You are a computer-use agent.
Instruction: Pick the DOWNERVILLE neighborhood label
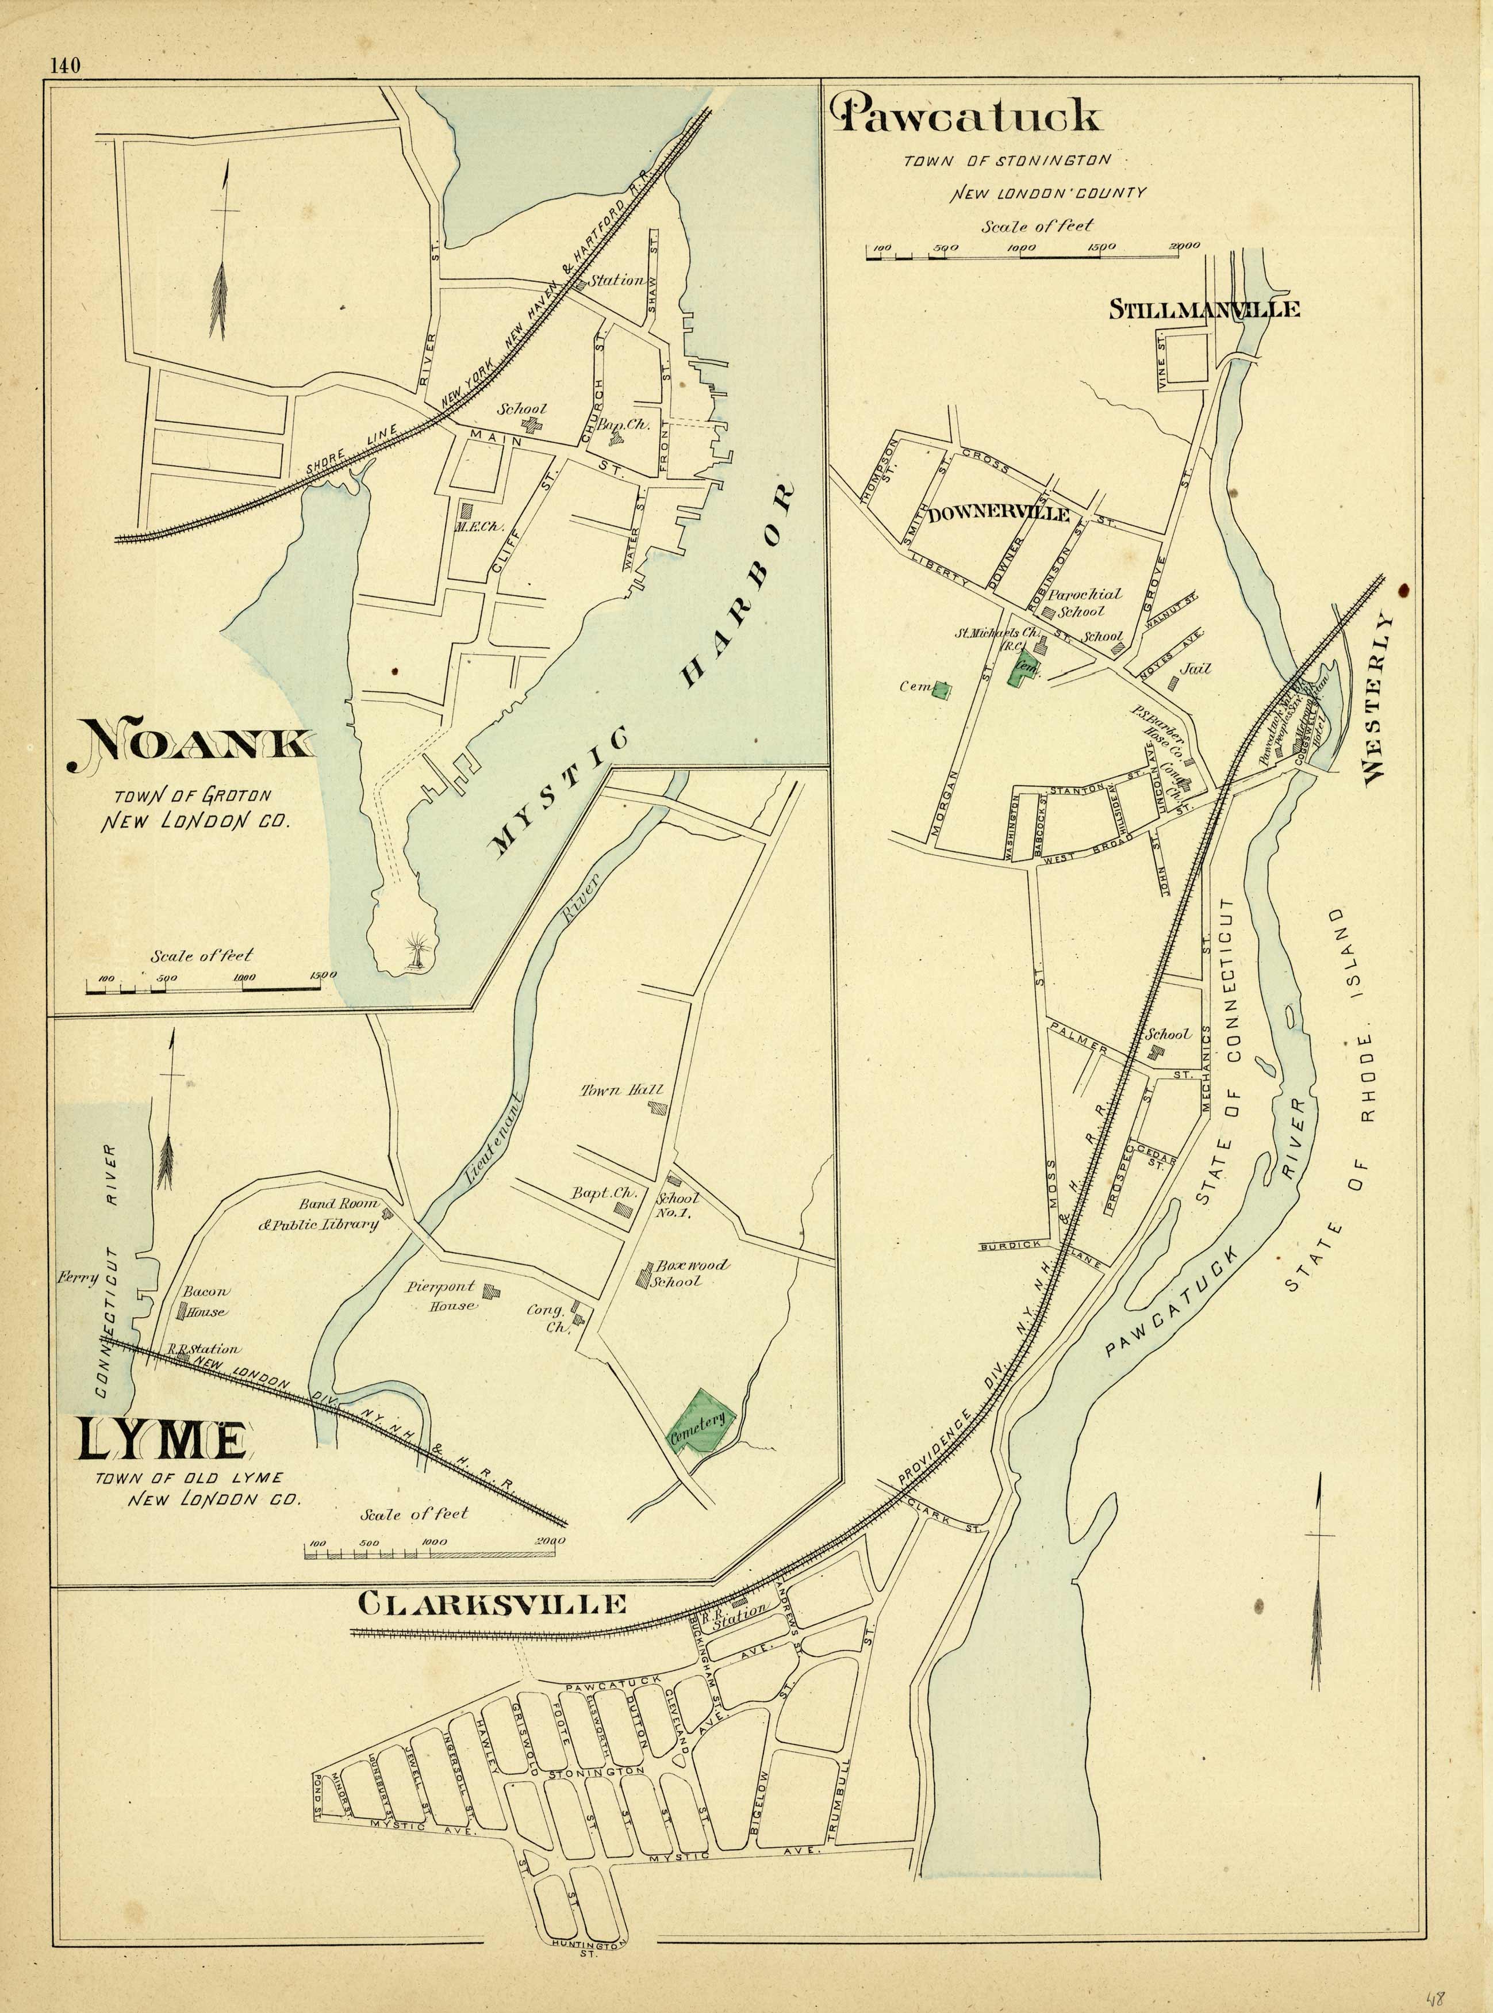998,515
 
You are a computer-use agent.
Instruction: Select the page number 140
66,65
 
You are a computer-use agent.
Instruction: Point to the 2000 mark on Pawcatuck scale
1182,245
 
